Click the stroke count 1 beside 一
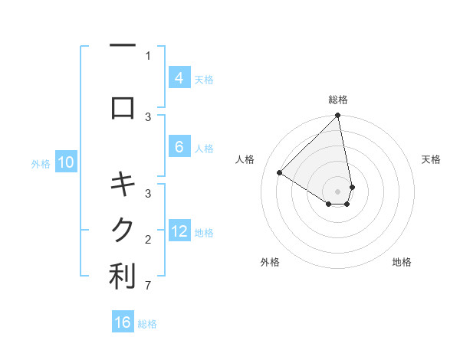148,55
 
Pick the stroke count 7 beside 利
148,287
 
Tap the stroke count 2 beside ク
148,240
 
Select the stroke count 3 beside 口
148,116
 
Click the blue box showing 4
179,77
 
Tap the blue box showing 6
179,147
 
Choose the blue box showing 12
179,231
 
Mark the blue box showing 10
66,162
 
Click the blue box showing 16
123,322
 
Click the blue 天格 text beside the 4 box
204,79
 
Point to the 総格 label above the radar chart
338,100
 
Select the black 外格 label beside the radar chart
270,262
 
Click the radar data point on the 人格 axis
280,172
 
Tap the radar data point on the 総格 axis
338,116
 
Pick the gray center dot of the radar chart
338,191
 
